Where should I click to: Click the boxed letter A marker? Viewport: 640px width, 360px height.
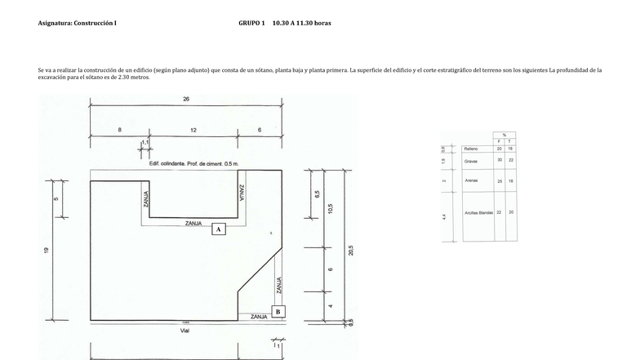click(x=218, y=229)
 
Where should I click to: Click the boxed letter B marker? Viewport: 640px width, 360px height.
click(x=278, y=311)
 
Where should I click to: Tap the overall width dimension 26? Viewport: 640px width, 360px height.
click(x=186, y=99)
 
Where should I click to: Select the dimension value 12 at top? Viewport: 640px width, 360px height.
click(x=193, y=130)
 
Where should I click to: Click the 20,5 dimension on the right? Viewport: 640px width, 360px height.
click(x=351, y=250)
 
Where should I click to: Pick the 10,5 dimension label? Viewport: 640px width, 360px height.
click(x=330, y=208)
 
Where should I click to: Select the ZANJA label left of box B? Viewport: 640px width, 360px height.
click(x=259, y=316)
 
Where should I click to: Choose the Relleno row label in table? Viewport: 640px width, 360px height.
click(x=471, y=149)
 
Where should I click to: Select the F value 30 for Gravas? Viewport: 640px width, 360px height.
click(x=499, y=160)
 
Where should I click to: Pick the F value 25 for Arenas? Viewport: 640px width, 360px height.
click(x=499, y=180)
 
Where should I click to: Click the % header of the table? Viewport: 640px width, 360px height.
click(x=504, y=135)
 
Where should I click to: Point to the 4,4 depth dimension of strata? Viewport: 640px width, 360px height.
click(x=444, y=216)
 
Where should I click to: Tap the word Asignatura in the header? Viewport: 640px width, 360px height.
click(x=55, y=23)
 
